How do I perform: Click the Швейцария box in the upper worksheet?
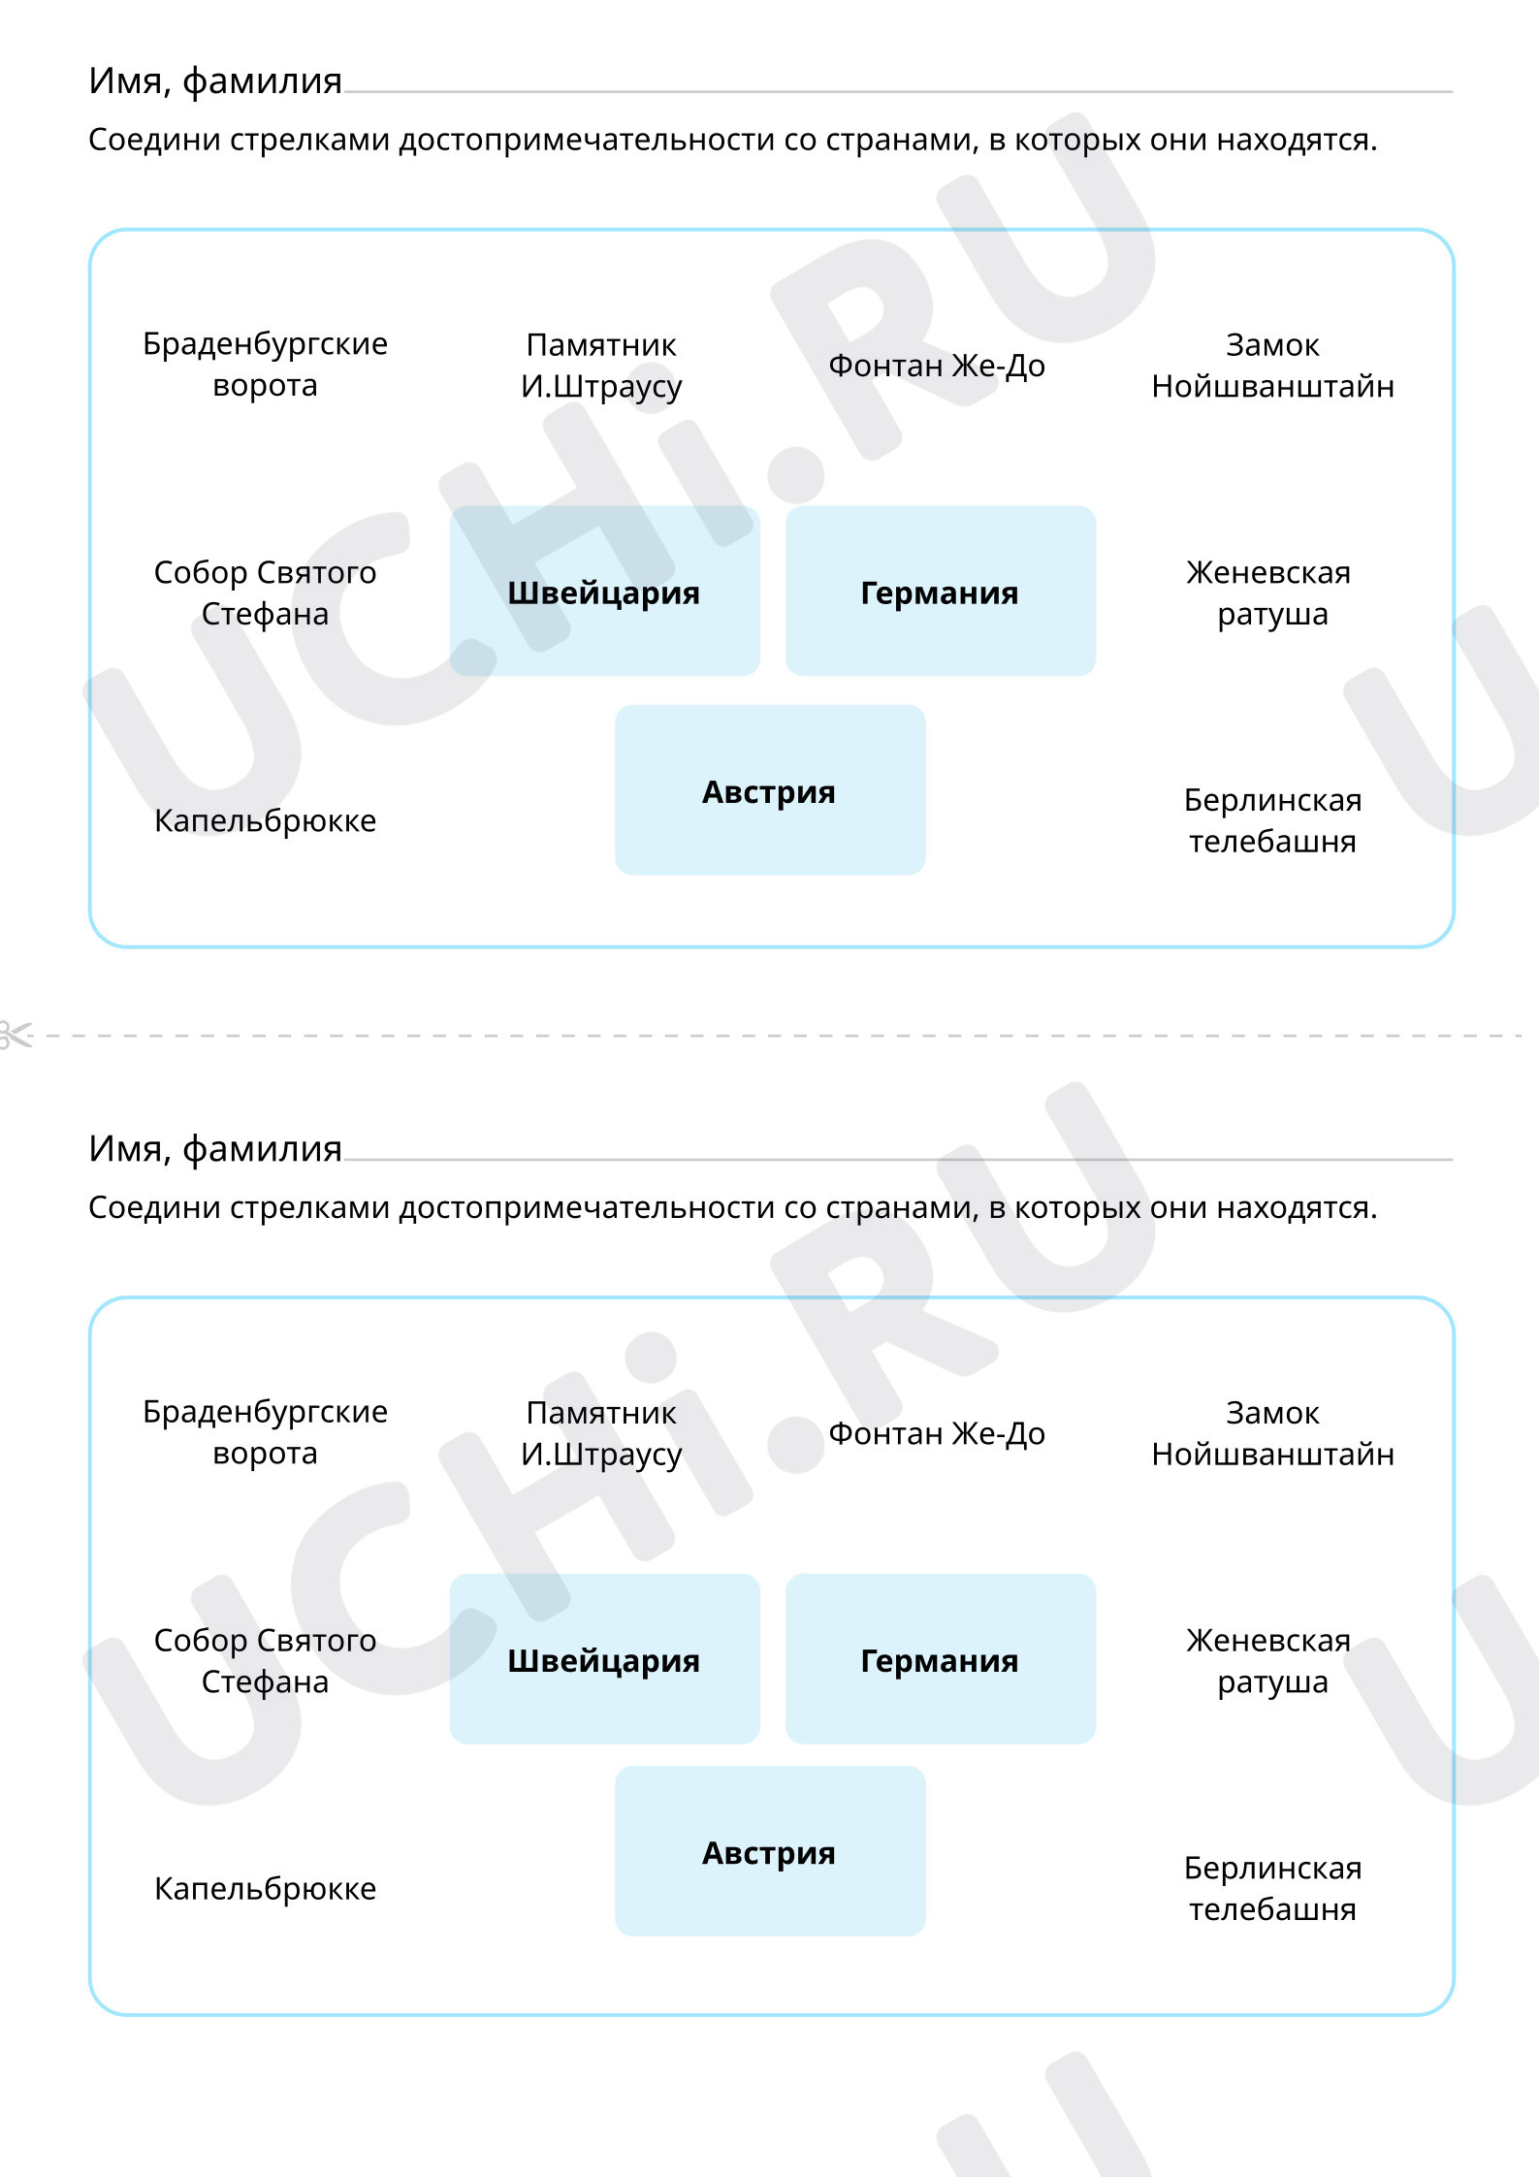pyautogui.click(x=604, y=591)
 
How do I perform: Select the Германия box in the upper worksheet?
pyautogui.click(x=941, y=591)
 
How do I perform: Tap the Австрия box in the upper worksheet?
pyautogui.click(x=770, y=789)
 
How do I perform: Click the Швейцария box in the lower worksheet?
pyautogui.click(x=604, y=1658)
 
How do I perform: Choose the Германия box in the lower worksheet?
pyautogui.click(x=941, y=1658)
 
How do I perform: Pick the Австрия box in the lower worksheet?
pyautogui.click(x=770, y=1850)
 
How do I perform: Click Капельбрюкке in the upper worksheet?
pyautogui.click(x=265, y=821)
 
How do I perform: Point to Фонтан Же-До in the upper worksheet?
pyautogui.click(x=937, y=366)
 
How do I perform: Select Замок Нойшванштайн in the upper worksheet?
pyautogui.click(x=1272, y=366)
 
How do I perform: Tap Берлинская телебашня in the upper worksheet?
pyautogui.click(x=1272, y=820)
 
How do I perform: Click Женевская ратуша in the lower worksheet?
pyautogui.click(x=1270, y=1661)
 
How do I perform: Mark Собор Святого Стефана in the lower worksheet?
pyautogui.click(x=265, y=1660)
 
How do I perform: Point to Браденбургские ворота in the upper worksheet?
pyautogui.click(x=265, y=365)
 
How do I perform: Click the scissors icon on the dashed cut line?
pyautogui.click(x=15, y=1035)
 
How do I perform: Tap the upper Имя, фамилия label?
pyautogui.click(x=215, y=81)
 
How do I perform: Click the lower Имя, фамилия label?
pyautogui.click(x=215, y=1149)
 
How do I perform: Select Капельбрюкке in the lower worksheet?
pyautogui.click(x=265, y=1889)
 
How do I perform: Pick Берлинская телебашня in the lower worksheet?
pyautogui.click(x=1272, y=1888)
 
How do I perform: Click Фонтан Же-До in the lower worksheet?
pyautogui.click(x=937, y=1433)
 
